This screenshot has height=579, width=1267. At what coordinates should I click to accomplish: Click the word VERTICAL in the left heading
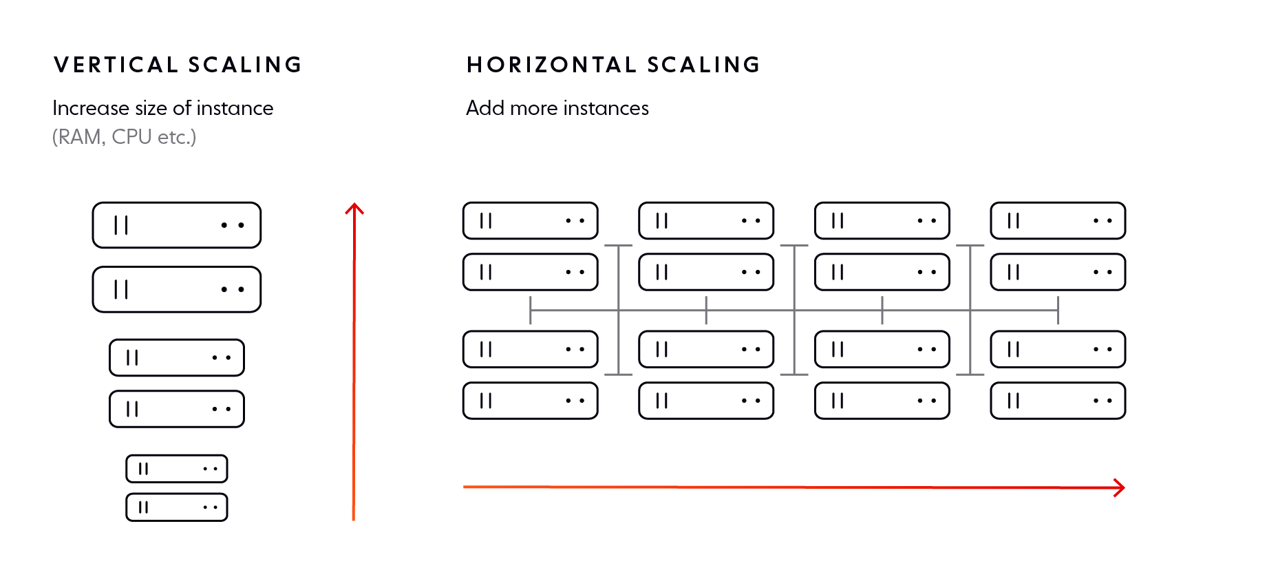116,65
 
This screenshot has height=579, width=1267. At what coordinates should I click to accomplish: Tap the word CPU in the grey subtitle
131,137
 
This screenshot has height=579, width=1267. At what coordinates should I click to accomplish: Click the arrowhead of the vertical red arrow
354,208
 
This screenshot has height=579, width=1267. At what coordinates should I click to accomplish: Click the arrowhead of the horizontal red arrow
1120,488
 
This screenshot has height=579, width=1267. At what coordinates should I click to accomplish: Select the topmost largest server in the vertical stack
177,225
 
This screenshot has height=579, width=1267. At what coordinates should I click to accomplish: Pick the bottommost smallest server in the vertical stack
177,507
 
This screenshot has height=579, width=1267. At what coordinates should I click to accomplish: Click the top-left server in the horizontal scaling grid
530,221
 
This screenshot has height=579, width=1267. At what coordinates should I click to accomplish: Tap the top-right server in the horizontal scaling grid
1058,221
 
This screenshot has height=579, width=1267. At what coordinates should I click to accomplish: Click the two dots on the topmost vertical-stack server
233,225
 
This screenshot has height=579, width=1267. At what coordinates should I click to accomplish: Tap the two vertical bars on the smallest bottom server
143,507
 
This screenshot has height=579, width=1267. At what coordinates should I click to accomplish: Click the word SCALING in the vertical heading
245,65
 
